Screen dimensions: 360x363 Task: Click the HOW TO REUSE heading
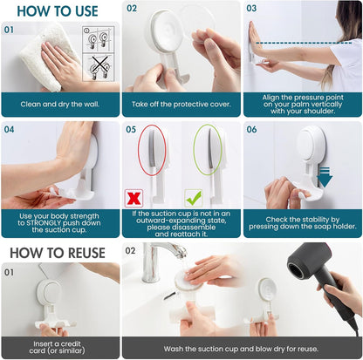click(x=58, y=254)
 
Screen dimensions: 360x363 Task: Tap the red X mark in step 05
click(x=135, y=198)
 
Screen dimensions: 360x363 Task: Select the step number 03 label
click(x=251, y=8)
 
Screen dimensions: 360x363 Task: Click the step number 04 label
click(x=10, y=129)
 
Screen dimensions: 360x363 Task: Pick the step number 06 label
click(x=251, y=129)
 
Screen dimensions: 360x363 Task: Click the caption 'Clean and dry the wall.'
click(x=59, y=104)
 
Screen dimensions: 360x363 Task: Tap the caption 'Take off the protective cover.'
click(x=181, y=104)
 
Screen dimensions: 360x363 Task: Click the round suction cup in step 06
click(x=311, y=147)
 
